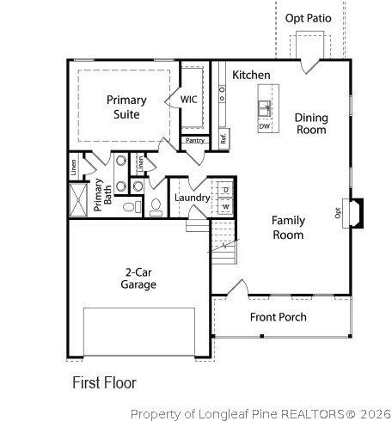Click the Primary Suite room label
pos(126,107)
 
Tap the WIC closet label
pos(189,100)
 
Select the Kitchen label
pos(251,76)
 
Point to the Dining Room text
pos(310,124)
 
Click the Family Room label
pos(288,227)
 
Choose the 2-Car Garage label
pos(138,278)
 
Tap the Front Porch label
pos(278,317)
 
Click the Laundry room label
pos(192,198)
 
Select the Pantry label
pos(195,140)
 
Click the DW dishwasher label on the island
pos(265,125)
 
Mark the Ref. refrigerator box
pos(222,137)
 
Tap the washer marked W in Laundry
pos(225,206)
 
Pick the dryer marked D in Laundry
pos(225,189)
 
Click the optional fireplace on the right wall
pos(353,211)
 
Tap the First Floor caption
pos(104,381)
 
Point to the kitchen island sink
pos(265,109)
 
